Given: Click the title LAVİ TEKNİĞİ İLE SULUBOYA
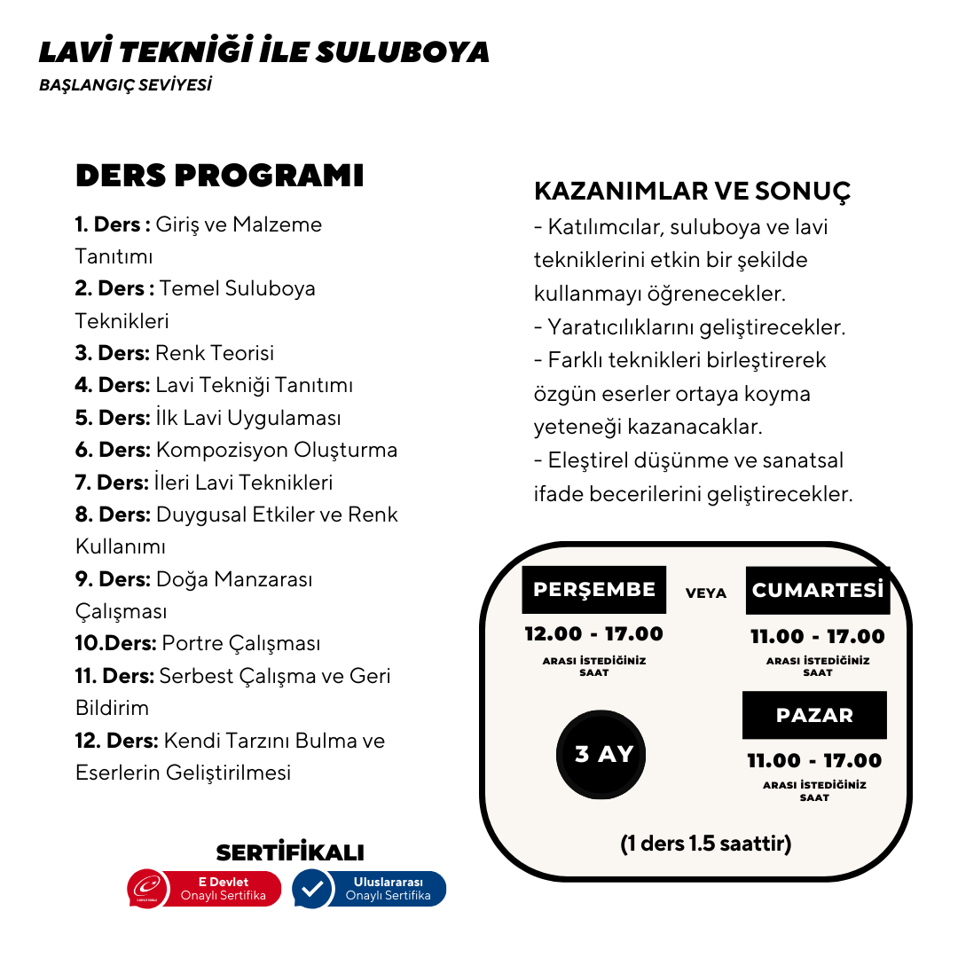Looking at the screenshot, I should tap(263, 51).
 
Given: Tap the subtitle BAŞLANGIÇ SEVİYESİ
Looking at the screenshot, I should tap(125, 86).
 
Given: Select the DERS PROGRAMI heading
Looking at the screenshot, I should tap(219, 176).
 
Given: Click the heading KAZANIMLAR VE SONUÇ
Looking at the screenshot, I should tap(692, 191).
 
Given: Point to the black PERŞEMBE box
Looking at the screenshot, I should tap(593, 590).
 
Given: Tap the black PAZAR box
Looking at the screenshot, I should tap(814, 715).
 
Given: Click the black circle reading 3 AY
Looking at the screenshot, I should tap(603, 754).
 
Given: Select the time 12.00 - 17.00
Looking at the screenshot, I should tap(593, 634).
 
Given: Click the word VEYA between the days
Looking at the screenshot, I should tap(705, 593).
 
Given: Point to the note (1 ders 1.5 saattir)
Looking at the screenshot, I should tap(705, 843).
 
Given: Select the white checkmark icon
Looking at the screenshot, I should tap(311, 889).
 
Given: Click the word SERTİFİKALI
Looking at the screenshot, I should tap(290, 852).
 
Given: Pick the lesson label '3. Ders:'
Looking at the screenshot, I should tap(112, 353).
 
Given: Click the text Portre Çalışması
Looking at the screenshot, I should tap(240, 643).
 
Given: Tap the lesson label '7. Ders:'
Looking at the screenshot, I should tap(112, 483).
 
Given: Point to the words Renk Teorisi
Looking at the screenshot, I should tap(215, 353).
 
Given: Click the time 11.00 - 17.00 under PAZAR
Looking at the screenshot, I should tap(814, 760).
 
